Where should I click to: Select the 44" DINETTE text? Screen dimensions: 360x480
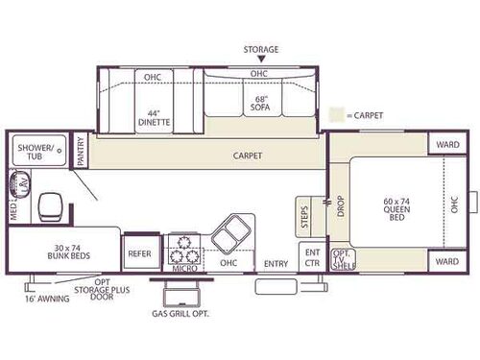[154, 117]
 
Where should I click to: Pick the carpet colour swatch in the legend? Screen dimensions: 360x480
[336, 115]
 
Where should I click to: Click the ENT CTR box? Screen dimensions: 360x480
[312, 257]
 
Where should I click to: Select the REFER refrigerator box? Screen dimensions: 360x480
[139, 253]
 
